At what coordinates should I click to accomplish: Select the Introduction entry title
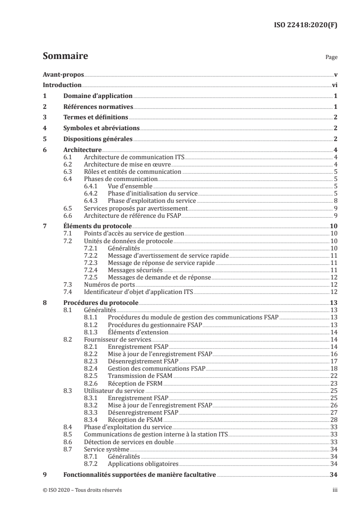click(x=62, y=85)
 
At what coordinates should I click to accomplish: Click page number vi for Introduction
click(x=334, y=85)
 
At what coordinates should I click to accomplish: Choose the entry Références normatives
click(x=98, y=107)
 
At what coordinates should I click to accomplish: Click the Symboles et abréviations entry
click(x=101, y=128)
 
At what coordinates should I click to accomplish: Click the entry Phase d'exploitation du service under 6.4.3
click(x=152, y=201)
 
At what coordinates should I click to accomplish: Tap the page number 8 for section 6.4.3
click(x=335, y=201)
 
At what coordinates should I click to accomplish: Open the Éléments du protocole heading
click(x=97, y=226)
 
